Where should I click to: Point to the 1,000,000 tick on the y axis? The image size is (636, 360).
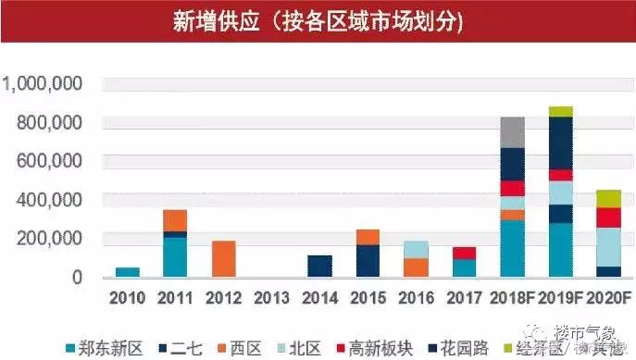click(x=44, y=84)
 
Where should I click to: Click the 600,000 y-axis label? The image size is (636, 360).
click(x=51, y=161)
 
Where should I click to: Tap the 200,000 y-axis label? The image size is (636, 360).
click(x=51, y=239)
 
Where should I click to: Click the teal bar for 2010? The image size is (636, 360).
click(x=127, y=272)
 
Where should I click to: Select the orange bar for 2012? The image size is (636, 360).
click(x=223, y=258)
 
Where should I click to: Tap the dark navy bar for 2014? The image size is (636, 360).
click(x=319, y=266)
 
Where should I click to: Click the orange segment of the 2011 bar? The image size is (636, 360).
click(x=175, y=220)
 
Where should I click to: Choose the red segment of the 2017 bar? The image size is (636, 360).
click(x=464, y=253)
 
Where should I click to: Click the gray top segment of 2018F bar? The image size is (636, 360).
click(x=512, y=132)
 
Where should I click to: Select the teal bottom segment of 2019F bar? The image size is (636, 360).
click(x=560, y=249)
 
